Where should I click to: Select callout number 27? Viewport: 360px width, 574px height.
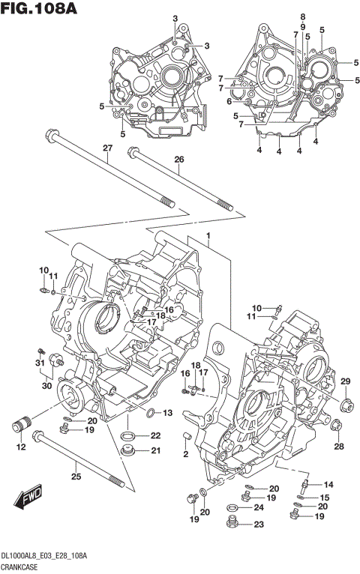[x=106, y=148]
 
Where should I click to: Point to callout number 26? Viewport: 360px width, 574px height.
[x=178, y=160]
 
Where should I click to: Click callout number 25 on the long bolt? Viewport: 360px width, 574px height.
[x=75, y=476]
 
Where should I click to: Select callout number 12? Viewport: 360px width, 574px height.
[x=20, y=447]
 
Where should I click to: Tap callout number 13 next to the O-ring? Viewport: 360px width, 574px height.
[x=167, y=413]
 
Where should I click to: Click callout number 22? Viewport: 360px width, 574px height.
[x=155, y=435]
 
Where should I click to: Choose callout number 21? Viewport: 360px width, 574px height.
[x=155, y=450]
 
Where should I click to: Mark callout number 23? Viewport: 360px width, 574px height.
[x=259, y=525]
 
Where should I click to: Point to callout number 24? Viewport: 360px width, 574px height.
[x=259, y=507]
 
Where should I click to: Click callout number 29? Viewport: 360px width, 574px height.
[x=346, y=383]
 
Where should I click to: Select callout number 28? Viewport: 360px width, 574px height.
[x=339, y=447]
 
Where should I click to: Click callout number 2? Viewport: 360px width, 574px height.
[x=186, y=454]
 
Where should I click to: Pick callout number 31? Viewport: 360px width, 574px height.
[x=40, y=363]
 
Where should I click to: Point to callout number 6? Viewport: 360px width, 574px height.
[x=229, y=101]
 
